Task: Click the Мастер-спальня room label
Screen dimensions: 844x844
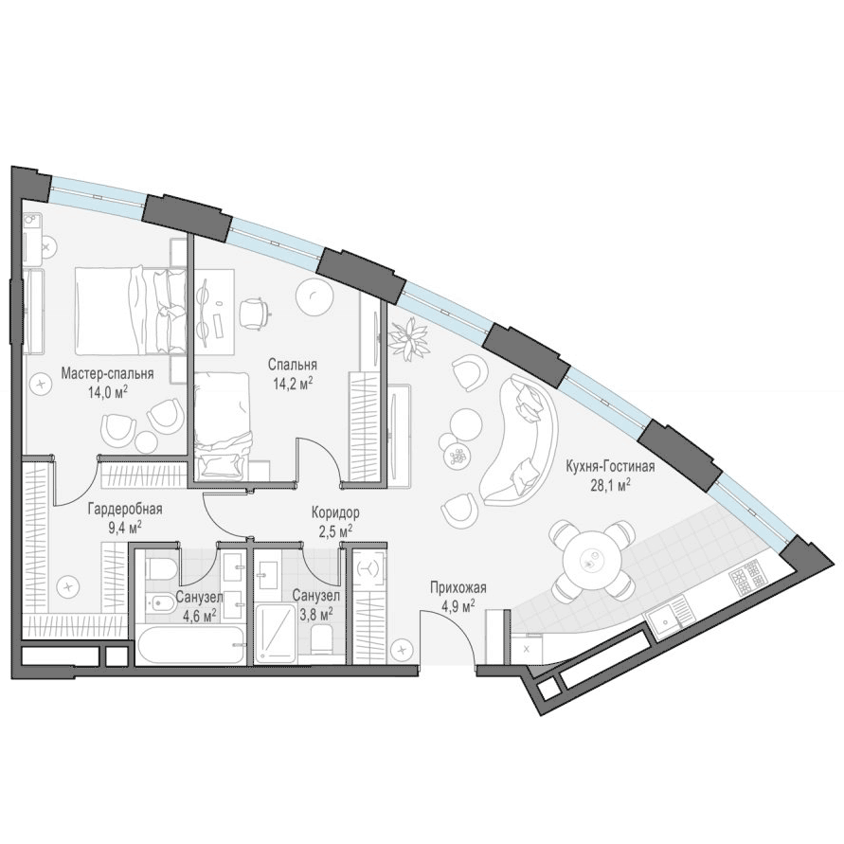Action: [x=107, y=373]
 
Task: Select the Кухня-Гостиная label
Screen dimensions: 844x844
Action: [x=610, y=466]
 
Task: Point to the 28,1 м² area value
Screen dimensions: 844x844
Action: [x=610, y=486]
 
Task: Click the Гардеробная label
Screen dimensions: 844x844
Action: [x=125, y=510]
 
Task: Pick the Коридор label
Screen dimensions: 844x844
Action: [x=335, y=513]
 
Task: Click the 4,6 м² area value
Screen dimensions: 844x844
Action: [x=200, y=615]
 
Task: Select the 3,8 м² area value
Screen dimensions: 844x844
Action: [x=314, y=613]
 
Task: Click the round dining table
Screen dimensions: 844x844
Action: [x=591, y=560]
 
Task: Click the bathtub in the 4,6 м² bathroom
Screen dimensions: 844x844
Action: [x=191, y=646]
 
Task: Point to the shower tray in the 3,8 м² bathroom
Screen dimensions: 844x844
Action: [x=276, y=633]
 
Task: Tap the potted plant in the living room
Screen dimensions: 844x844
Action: [x=410, y=339]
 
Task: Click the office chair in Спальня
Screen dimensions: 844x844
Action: [x=254, y=313]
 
